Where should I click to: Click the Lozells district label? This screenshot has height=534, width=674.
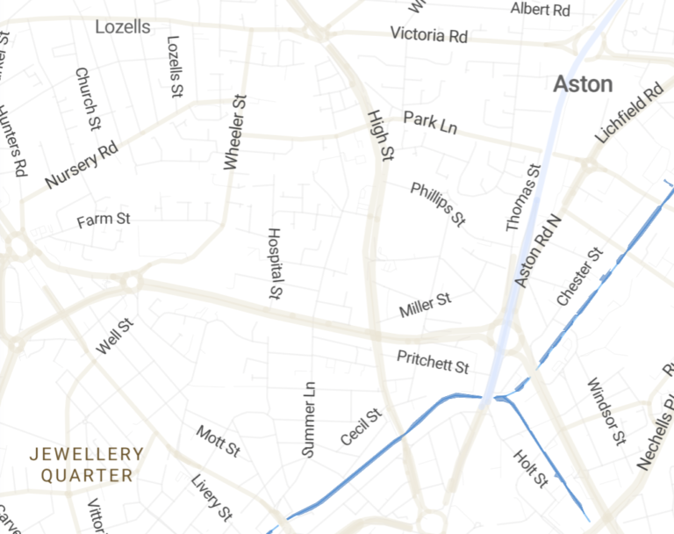122,27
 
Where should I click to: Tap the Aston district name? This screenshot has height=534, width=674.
583,84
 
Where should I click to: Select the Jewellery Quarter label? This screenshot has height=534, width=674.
86,465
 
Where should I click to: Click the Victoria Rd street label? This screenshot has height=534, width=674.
429,35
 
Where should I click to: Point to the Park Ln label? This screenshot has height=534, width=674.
430,122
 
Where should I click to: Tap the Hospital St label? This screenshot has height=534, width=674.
274,263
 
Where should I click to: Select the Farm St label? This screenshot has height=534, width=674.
103,219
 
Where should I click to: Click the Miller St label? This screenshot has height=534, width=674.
425,306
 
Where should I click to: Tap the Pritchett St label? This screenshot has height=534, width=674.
433,361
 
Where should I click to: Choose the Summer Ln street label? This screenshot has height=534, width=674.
309,420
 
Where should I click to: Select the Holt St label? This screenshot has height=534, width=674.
531,468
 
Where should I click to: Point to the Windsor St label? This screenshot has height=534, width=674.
606,411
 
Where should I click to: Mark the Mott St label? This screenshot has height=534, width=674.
218,441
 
